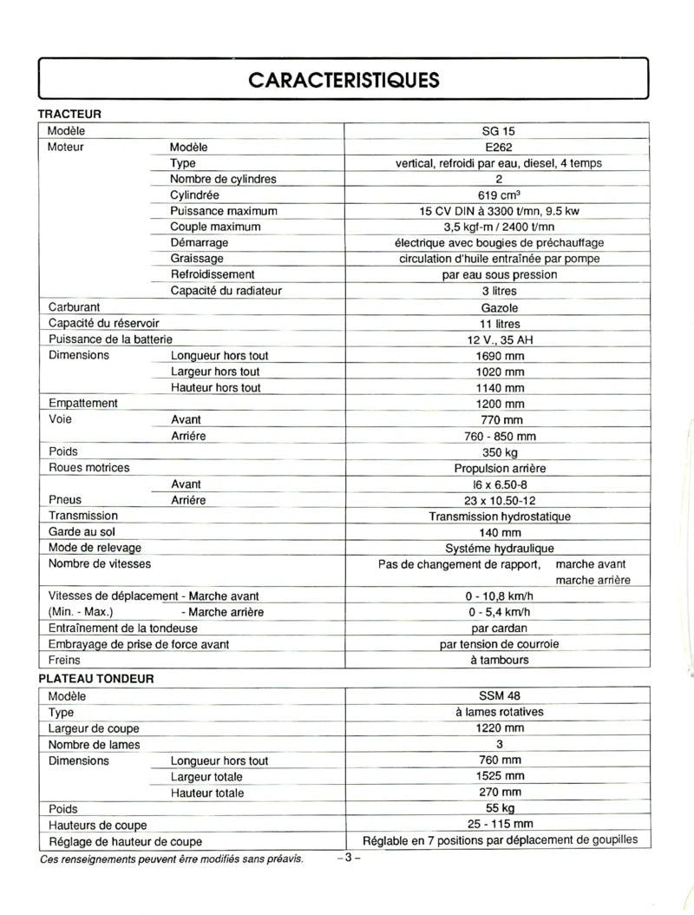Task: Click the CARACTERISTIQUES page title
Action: coord(344,80)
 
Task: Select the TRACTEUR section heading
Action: coord(69,114)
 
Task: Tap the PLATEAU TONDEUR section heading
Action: coord(95,679)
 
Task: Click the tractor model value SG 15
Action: coord(498,131)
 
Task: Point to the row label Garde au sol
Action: coord(82,532)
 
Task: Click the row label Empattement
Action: coord(83,404)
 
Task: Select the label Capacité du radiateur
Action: coord(226,291)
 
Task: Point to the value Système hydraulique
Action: coord(499,549)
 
